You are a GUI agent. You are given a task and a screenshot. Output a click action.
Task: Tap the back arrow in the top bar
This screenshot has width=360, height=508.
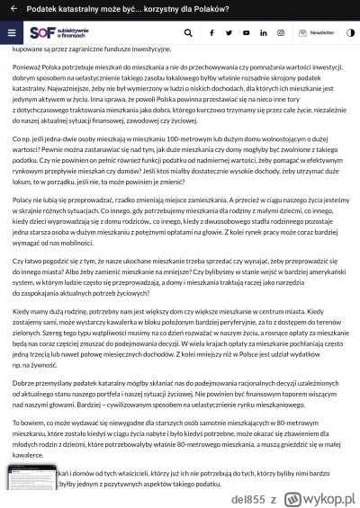10,9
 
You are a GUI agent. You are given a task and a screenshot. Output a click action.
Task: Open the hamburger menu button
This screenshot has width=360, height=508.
11,32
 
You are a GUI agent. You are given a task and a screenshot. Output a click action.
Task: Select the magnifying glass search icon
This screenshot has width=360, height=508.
187,32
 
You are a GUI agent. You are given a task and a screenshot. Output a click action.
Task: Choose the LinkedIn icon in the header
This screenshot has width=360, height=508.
263,32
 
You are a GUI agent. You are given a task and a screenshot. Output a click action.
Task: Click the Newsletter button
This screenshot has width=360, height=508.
316,32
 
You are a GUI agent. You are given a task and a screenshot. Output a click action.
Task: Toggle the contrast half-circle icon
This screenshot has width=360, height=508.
347,32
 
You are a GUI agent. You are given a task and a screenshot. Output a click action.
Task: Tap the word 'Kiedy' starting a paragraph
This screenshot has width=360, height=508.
21,334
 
